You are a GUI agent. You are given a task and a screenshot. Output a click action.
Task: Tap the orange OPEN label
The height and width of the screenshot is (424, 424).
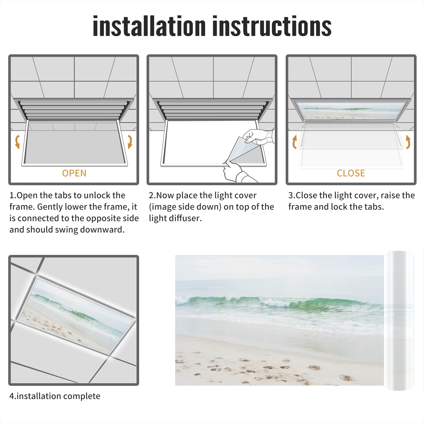click(74, 173)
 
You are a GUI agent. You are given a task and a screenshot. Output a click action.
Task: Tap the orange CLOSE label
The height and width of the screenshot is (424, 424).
click(351, 173)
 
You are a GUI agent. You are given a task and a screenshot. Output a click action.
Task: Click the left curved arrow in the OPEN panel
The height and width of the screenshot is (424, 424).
click(17, 142)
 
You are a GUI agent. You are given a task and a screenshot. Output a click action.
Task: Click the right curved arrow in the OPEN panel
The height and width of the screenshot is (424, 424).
click(130, 142)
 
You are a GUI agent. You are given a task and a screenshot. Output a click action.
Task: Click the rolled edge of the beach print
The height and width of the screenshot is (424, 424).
click(399, 321)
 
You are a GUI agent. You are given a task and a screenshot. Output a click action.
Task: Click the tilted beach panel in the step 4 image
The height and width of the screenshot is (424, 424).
click(77, 315)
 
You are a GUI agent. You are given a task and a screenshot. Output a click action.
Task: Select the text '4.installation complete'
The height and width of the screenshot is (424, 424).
click(55, 396)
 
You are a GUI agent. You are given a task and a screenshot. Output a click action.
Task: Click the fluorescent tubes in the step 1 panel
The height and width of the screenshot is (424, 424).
click(74, 110)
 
